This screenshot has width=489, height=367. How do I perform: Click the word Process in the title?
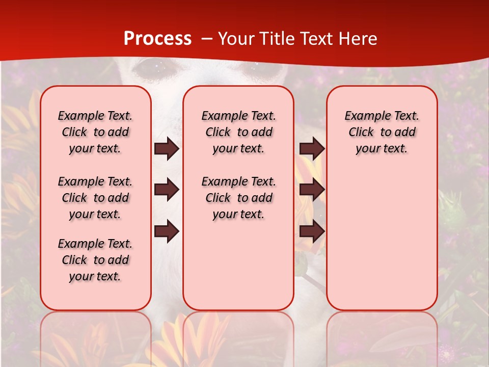(157, 39)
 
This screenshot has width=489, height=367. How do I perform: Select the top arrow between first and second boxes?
(167, 148)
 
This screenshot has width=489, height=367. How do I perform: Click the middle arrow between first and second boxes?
(167, 190)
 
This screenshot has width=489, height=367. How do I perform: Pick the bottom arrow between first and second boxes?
(167, 231)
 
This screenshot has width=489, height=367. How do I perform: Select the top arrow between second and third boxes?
(312, 148)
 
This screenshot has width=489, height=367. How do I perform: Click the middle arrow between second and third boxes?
(312, 190)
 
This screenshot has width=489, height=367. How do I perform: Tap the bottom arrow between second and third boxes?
(312, 231)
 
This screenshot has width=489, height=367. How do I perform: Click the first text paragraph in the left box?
(95, 132)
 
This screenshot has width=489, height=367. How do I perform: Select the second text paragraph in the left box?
(95, 198)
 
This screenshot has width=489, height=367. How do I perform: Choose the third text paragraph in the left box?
(95, 260)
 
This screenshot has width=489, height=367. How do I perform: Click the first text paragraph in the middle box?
(238, 132)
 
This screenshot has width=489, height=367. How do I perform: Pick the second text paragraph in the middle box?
(238, 198)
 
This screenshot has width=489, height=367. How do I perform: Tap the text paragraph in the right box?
(382, 132)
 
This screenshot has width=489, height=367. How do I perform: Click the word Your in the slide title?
(234, 39)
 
